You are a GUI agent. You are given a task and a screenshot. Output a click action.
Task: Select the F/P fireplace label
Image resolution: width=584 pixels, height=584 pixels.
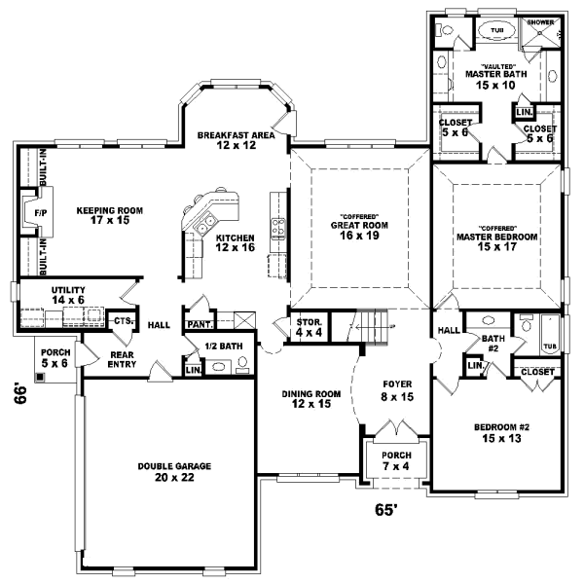point(41,212)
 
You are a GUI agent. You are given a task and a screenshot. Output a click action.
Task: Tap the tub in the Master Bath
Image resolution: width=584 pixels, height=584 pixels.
point(497,31)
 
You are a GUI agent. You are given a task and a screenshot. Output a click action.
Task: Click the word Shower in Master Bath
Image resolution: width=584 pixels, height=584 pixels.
point(540,20)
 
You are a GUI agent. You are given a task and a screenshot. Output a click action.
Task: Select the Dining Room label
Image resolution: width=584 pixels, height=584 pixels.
point(311,399)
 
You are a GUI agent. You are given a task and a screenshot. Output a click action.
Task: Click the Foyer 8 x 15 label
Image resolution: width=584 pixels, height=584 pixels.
point(395,389)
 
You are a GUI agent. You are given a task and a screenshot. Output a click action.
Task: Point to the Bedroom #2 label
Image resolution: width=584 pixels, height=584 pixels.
point(501,433)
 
